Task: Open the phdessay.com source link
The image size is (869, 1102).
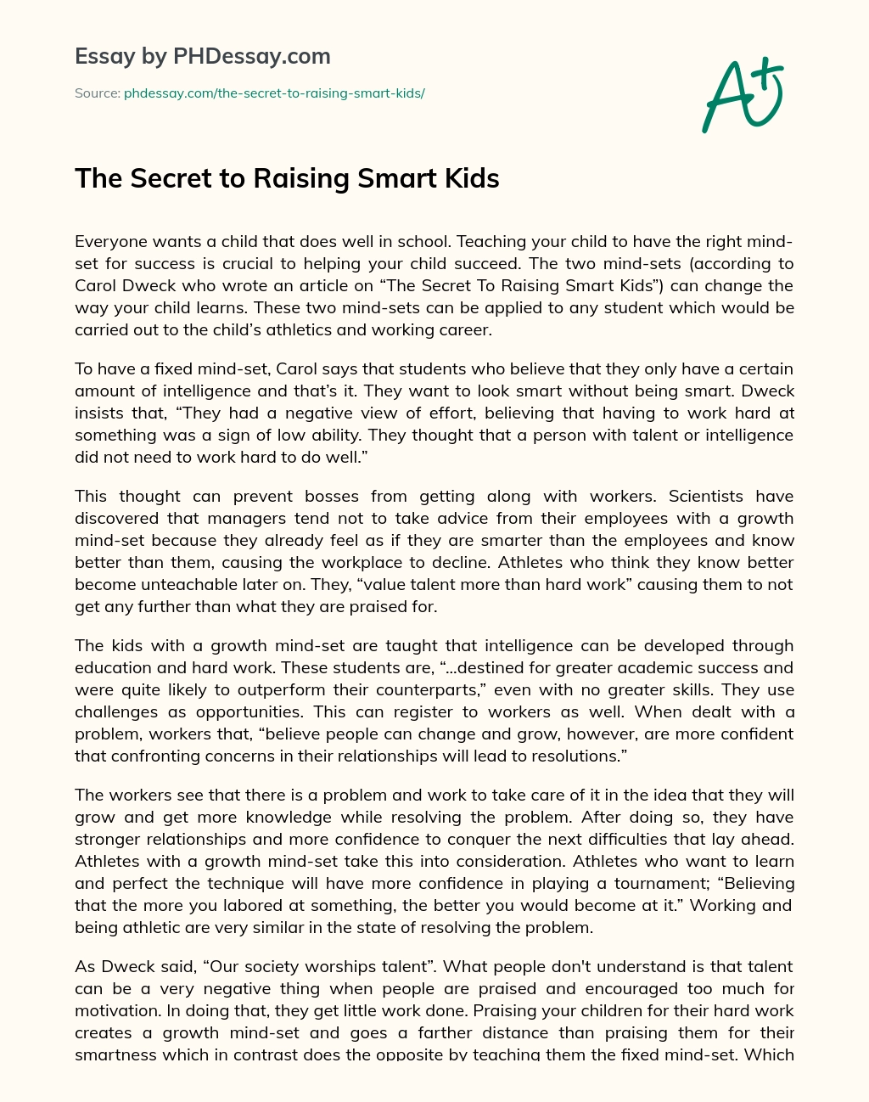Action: tap(274, 93)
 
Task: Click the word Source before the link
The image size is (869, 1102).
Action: tap(97, 93)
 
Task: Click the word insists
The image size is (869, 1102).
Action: tap(99, 413)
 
